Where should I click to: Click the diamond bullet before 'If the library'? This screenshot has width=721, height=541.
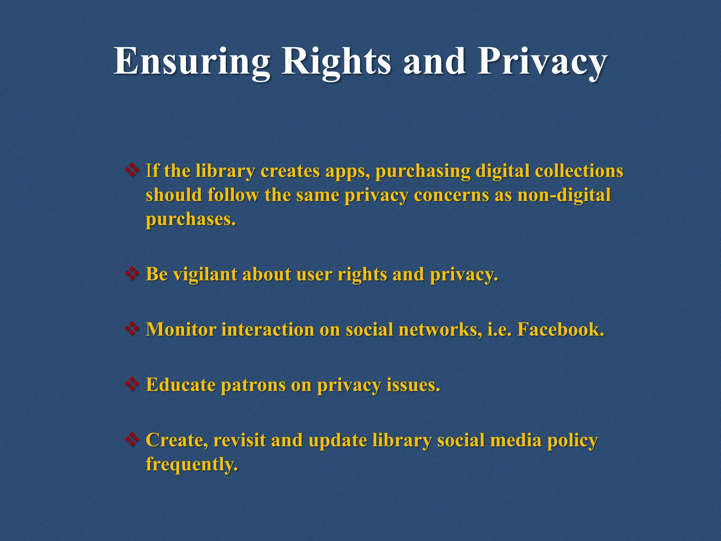(x=132, y=170)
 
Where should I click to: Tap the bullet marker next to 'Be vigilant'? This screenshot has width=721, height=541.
(x=132, y=274)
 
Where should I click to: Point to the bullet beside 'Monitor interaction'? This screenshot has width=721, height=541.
(x=132, y=329)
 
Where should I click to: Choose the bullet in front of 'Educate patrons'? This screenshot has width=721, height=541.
(x=132, y=384)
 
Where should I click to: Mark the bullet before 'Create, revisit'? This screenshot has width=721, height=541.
(x=132, y=439)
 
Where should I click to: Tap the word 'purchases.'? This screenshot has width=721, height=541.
(x=190, y=219)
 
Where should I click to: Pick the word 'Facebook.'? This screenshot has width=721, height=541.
(x=560, y=330)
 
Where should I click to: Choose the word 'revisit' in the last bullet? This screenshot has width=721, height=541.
(x=239, y=440)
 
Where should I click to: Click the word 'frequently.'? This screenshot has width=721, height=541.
(x=192, y=464)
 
